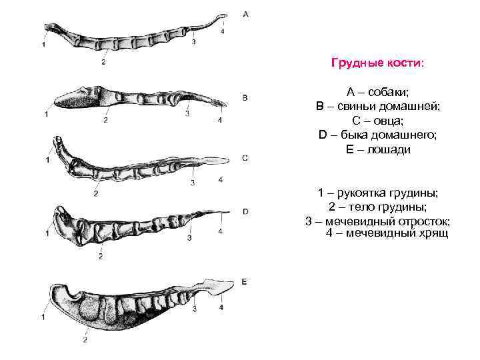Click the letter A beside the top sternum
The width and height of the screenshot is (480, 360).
[246, 13]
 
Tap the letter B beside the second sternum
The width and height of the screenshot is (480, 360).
[245, 98]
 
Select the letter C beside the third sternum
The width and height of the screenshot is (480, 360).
[245, 159]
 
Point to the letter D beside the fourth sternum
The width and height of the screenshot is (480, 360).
[245, 211]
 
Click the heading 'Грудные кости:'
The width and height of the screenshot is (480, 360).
[377, 63]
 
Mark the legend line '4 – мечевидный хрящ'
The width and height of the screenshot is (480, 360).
[387, 233]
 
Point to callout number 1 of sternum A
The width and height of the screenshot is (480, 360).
[43, 45]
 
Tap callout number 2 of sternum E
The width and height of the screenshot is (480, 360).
[85, 340]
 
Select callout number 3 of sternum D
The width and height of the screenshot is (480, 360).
[190, 238]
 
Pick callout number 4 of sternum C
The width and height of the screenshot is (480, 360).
[220, 180]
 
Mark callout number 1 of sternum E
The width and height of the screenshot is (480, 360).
[43, 317]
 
